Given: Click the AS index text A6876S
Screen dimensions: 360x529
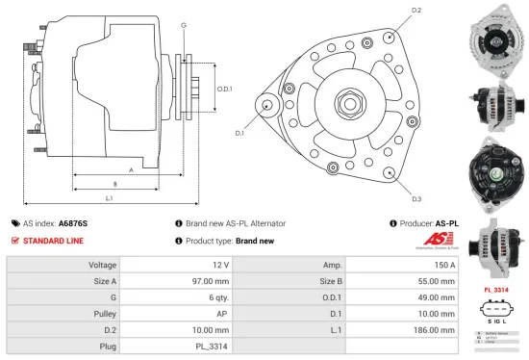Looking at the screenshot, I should (x=75, y=222).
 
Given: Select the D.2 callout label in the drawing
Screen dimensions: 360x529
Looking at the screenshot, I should (x=416, y=11).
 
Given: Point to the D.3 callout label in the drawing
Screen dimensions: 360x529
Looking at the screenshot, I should (x=416, y=199).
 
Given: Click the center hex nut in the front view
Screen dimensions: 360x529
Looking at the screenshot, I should (x=344, y=102).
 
